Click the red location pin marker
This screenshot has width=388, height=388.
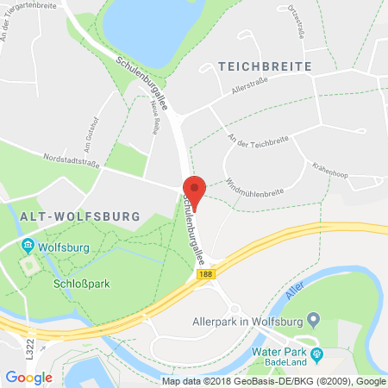click(195, 191)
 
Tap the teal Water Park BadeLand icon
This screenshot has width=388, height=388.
click(316, 354)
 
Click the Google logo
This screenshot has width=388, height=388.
click(28, 377)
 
